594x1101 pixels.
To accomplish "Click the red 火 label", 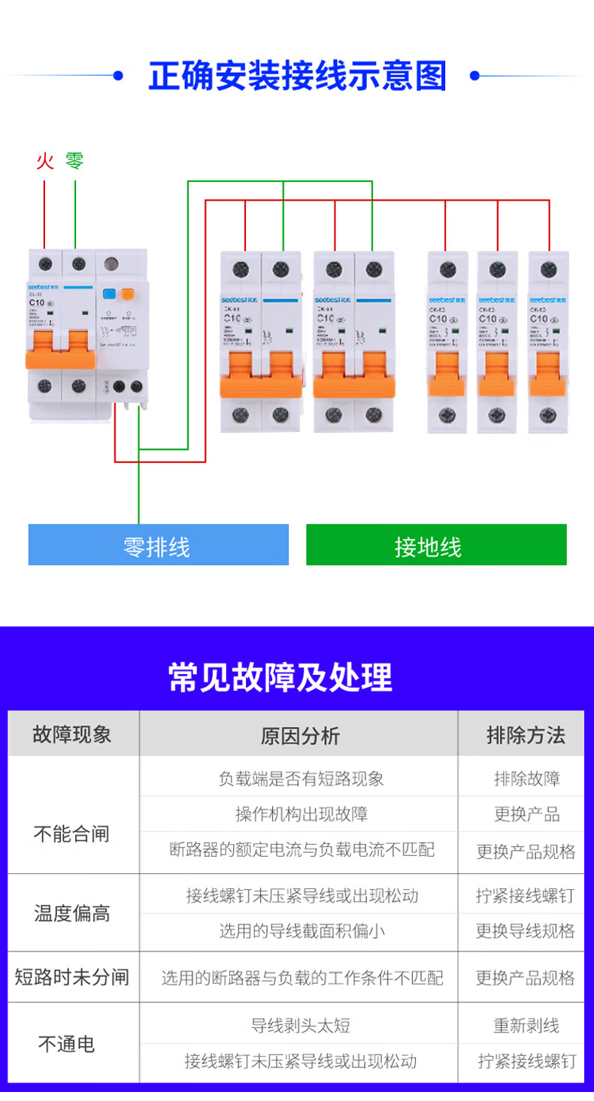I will pos(45,161).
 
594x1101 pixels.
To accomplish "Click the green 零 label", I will pos(74,161).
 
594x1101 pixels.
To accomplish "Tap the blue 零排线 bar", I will pos(158,545).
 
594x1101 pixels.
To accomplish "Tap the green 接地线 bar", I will pos(436,545).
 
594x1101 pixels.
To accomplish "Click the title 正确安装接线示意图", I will pos(297,76).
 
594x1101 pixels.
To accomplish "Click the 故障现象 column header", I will pos(73,734).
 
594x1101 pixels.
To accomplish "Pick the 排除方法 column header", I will pos(526,734).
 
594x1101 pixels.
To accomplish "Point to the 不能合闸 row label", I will pos(71,833).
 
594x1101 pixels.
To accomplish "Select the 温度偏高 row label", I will pos(72,913).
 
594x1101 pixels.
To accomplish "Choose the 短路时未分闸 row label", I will pos(72,977).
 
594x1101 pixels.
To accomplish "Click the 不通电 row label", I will pos(67,1043).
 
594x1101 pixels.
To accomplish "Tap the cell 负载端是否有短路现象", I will pos(301,779).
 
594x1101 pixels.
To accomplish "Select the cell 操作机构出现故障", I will pos(301,814).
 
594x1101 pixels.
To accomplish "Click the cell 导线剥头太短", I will pos(300,1025).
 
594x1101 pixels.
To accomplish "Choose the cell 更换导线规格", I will pos(526,931).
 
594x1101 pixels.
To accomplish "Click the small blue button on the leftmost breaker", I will pos(109,295).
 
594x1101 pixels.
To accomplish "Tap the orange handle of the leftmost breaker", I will pos(61,350).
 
